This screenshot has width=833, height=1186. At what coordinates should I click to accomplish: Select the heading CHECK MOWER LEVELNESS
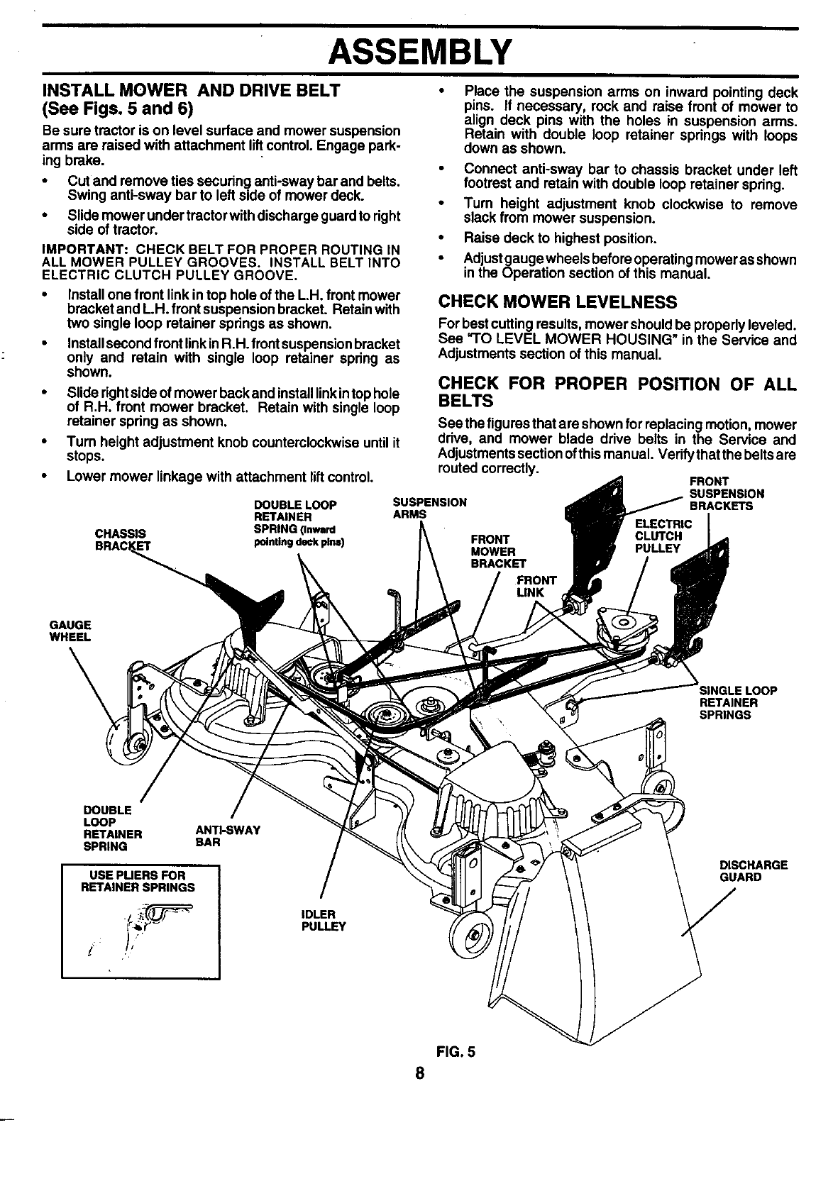click(x=557, y=303)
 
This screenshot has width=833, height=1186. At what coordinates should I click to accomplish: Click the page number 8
click(x=420, y=1073)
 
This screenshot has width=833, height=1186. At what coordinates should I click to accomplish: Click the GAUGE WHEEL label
click(x=70, y=631)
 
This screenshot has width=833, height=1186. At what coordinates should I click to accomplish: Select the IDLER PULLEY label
click(x=324, y=919)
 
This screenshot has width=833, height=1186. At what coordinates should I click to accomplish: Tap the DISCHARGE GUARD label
click(x=754, y=870)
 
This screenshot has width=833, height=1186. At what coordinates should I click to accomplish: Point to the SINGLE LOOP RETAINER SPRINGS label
click(x=738, y=703)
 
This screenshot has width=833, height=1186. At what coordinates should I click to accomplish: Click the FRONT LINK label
click(x=538, y=586)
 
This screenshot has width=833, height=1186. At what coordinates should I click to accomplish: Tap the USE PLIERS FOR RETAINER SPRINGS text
click(x=138, y=881)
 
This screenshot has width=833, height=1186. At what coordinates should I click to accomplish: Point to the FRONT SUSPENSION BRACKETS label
click(x=726, y=494)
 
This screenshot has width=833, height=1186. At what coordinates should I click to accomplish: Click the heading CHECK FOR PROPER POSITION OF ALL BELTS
click(x=617, y=392)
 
